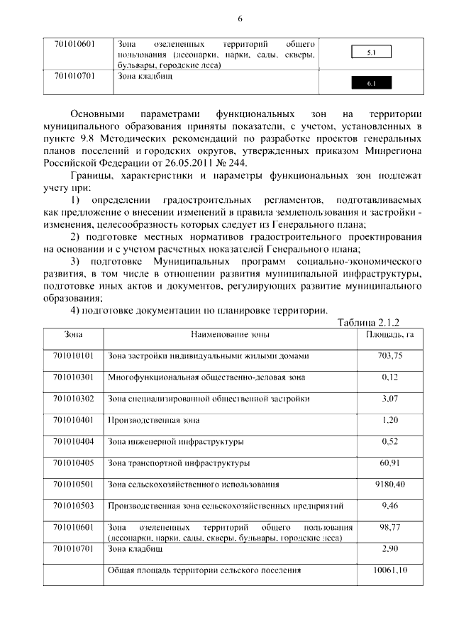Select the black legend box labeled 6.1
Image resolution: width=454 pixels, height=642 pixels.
click(372, 84)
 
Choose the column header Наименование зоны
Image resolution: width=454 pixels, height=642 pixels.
click(230, 333)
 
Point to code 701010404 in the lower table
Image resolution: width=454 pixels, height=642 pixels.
click(74, 442)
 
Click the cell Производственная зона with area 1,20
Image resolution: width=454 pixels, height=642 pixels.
click(153, 420)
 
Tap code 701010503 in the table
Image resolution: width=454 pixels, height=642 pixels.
click(74, 506)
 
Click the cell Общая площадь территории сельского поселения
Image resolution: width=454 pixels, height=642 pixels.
click(204, 570)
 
